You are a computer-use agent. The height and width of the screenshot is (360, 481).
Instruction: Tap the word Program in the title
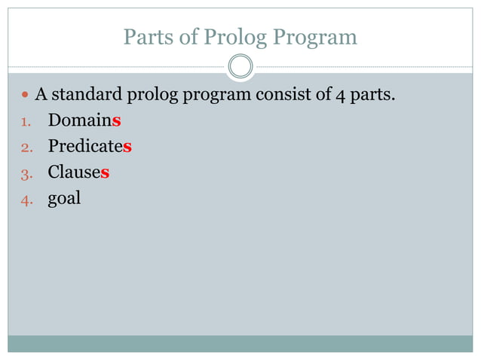(x=312, y=38)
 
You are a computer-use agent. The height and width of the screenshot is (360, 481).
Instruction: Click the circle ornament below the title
(x=240, y=67)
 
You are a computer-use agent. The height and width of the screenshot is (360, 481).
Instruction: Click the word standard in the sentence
(x=85, y=96)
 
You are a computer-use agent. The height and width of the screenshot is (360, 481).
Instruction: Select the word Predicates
(x=90, y=146)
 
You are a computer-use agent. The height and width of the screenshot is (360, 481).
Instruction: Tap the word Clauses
(x=78, y=172)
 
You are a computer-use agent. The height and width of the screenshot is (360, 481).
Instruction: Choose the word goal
(x=64, y=200)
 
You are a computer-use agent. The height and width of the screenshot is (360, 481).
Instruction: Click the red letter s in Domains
(x=117, y=121)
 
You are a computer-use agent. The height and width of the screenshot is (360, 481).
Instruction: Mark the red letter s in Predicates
(x=127, y=146)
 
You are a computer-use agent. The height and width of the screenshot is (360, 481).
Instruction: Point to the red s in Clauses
(x=105, y=172)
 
